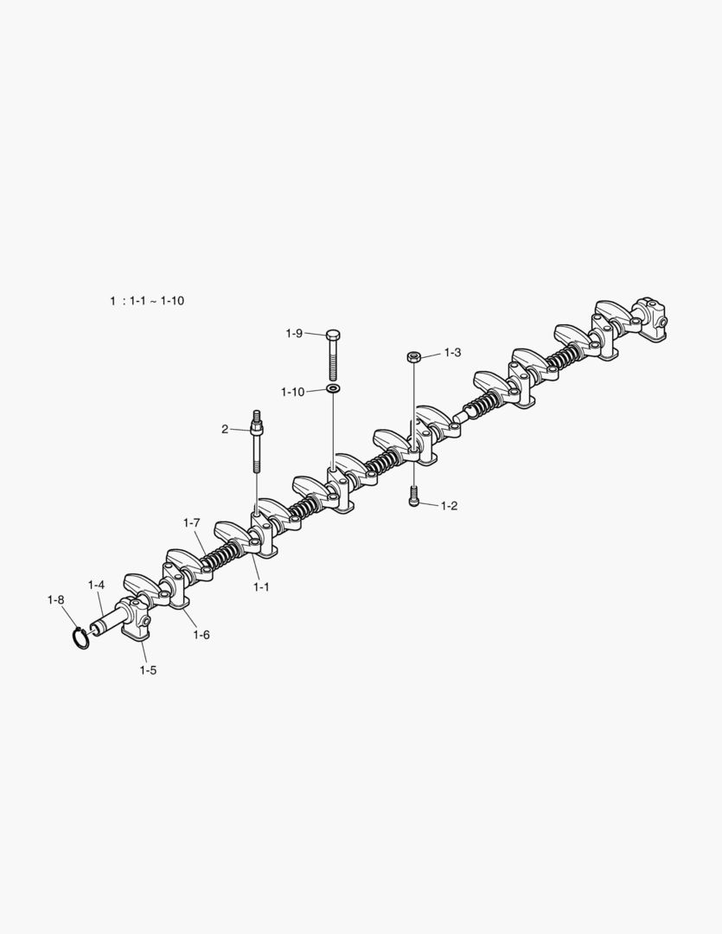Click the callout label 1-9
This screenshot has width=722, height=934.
[294, 334]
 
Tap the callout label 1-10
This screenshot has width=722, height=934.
[292, 392]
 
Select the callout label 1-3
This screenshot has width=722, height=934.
[453, 353]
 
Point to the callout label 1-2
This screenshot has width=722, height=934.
[449, 506]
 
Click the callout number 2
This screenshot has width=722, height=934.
[225, 430]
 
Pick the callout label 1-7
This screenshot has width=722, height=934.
[191, 523]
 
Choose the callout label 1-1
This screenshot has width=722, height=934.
[261, 586]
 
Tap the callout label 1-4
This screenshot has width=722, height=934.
[97, 585]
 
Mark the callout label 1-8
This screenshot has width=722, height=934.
[56, 600]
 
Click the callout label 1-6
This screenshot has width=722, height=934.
[201, 635]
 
